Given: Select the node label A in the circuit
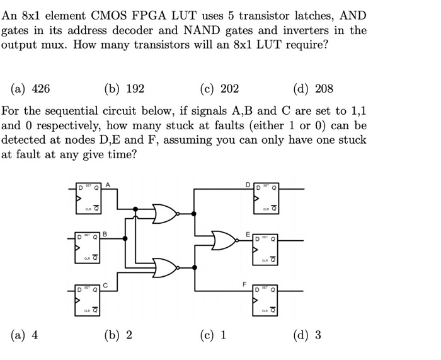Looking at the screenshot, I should click(x=108, y=184).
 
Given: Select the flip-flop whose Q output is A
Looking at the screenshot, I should click(x=88, y=197).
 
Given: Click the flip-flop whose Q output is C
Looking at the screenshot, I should click(x=88, y=298).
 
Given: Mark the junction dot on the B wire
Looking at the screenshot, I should click(x=126, y=239).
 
